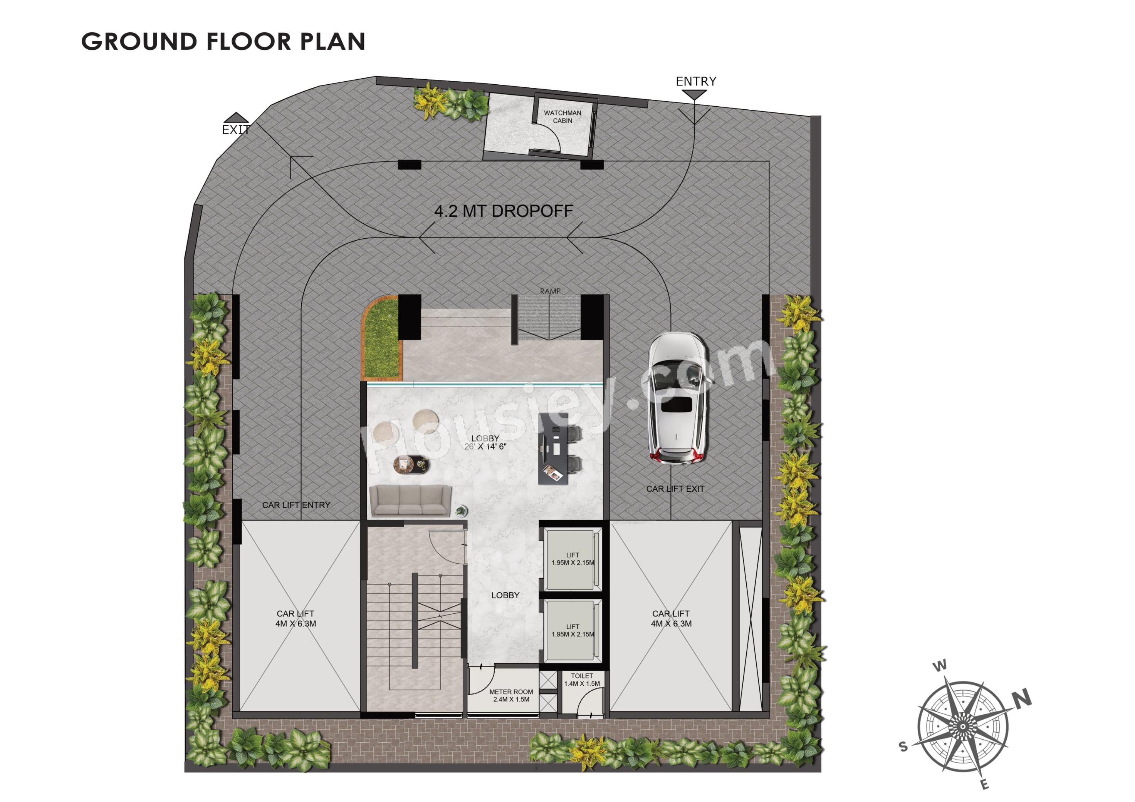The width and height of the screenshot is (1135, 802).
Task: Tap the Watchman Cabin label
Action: [562, 117]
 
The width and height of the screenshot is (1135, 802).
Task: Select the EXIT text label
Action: [236, 130]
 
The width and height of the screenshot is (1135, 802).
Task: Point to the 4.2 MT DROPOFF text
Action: [504, 211]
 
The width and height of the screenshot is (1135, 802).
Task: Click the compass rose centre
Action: [963, 727]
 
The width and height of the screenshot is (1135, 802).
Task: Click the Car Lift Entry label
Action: [296, 505]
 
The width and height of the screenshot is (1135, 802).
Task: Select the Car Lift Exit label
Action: [675, 489]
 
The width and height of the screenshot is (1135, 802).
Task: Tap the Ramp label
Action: [550, 291]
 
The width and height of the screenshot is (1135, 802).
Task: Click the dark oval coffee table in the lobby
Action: [411, 464]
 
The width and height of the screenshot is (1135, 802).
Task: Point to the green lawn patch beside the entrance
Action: [382, 337]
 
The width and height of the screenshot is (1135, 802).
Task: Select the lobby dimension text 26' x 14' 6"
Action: [485, 447]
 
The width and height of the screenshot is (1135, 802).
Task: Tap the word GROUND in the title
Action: [139, 42]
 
